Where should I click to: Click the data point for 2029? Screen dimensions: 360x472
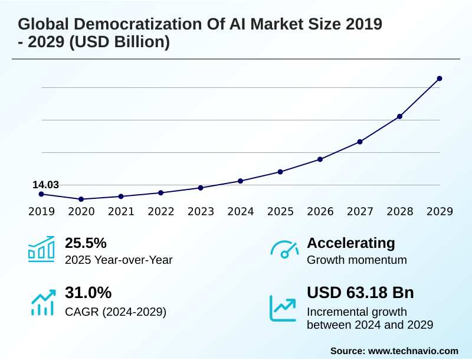[440, 78]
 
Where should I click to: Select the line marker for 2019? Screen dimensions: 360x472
[41, 194]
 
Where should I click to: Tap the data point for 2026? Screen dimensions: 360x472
[320, 159]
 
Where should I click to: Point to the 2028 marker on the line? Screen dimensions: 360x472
[399, 116]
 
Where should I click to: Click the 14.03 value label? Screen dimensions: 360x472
[45, 185]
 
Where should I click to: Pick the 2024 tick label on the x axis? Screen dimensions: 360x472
[241, 211]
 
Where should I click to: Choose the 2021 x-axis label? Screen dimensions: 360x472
[121, 211]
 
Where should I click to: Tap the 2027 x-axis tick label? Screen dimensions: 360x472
[360, 211]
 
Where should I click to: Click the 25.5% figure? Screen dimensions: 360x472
[86, 243]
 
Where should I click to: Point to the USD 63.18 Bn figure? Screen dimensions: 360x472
[360, 293]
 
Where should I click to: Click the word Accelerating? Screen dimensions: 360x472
[351, 243]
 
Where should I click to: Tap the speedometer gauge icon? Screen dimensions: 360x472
[284, 250]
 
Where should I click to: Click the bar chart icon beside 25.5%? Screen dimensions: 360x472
[41, 249]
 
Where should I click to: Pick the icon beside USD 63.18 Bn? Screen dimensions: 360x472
[283, 307]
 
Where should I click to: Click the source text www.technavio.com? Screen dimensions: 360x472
[413, 351]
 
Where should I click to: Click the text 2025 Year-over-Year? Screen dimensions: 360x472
[119, 260]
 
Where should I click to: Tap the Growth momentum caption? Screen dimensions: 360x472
[357, 260]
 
